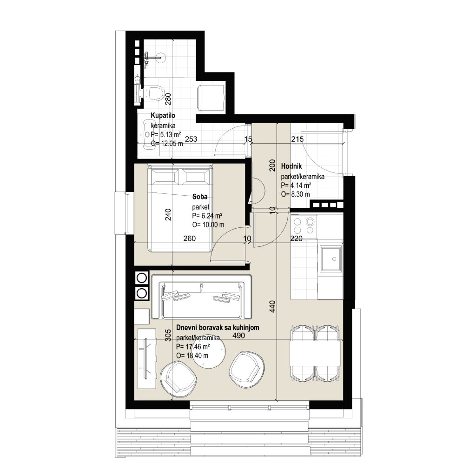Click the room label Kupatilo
(x=163, y=116)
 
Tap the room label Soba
(x=200, y=197)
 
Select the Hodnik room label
(x=291, y=166)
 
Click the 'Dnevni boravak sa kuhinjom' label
(x=218, y=328)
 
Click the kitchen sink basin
(x=331, y=258)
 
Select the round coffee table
(x=210, y=353)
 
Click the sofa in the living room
(x=201, y=297)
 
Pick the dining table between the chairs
(x=315, y=353)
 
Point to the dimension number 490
(x=238, y=336)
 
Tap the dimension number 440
(x=272, y=307)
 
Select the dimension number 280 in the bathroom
(x=168, y=99)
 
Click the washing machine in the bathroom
(x=212, y=97)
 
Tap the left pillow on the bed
(x=165, y=177)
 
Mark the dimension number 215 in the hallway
(x=297, y=139)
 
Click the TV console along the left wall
(x=147, y=358)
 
